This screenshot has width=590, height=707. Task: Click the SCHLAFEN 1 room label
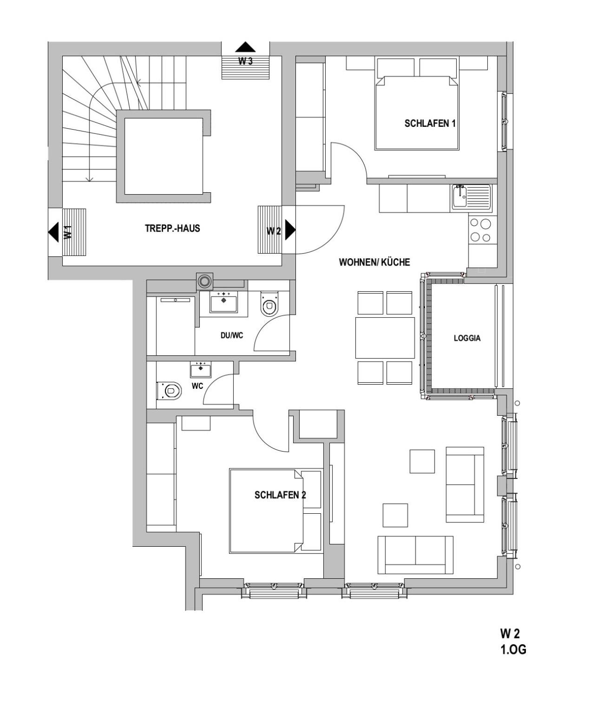[x=430, y=123]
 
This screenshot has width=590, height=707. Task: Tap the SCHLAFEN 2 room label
[x=280, y=495]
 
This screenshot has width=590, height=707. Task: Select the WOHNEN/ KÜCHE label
[x=374, y=262]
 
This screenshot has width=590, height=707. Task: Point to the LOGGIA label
[x=467, y=338]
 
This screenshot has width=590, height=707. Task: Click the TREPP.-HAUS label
[x=172, y=228]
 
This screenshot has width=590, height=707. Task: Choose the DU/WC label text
[x=232, y=335]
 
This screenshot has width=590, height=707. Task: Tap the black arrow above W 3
[x=245, y=47]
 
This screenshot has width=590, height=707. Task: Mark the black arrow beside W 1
[x=53, y=232]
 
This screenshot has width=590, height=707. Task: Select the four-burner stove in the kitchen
[x=481, y=230]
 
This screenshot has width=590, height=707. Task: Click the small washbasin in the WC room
[x=201, y=369]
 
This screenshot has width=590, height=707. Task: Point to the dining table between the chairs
[x=385, y=338]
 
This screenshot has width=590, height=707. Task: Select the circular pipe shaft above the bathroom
[x=204, y=281]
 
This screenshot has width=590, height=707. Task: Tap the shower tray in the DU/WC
[x=176, y=326]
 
